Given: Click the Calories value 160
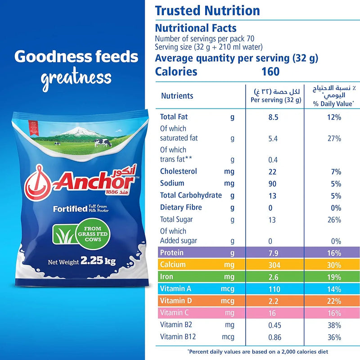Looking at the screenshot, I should coord(270,72).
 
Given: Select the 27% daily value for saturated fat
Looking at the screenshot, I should coord(334,138).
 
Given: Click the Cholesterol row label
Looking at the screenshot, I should coord(178,171).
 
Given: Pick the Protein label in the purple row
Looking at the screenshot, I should coord(171,252).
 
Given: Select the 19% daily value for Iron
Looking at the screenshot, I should coord(334,277).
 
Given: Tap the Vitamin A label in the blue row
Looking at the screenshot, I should coord(175,289).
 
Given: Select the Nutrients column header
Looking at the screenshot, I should coord(177,96).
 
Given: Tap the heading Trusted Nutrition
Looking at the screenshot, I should coord(207,11).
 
